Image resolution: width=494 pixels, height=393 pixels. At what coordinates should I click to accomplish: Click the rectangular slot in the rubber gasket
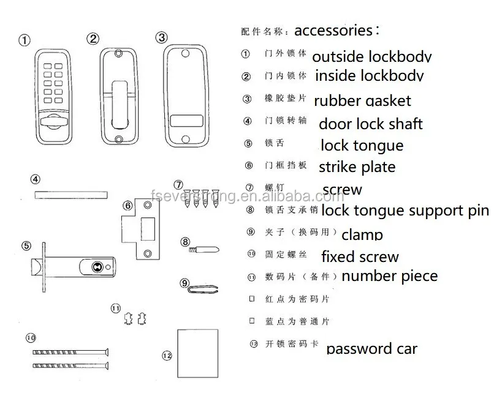185,120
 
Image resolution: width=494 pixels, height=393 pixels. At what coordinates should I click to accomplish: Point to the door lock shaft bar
70,195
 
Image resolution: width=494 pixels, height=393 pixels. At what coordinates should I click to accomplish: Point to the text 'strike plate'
357,167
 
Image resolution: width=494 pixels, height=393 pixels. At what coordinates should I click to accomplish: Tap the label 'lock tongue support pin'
405,211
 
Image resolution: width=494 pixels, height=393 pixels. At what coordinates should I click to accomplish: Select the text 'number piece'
389,276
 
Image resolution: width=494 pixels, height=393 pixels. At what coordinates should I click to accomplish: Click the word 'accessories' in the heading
333,30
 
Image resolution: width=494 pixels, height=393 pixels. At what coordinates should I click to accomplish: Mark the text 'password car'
371,349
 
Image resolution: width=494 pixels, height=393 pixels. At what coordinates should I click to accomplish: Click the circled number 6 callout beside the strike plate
128,206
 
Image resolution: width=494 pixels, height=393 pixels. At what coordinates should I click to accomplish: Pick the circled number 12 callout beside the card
167,355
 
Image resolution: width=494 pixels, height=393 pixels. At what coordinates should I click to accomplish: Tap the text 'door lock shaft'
370,124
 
